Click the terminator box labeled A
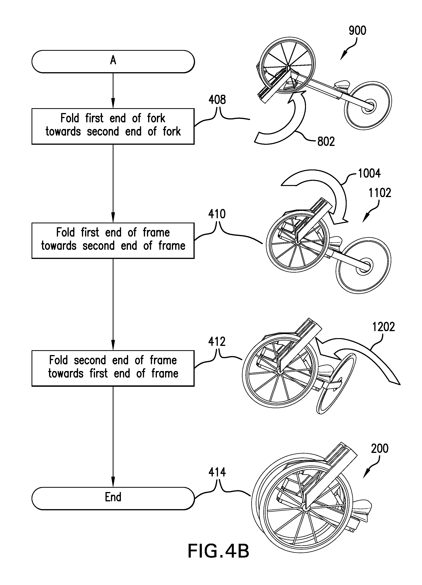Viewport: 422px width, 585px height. [113, 61]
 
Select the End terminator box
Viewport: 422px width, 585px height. [113, 497]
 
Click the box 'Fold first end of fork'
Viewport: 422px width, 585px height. [113, 126]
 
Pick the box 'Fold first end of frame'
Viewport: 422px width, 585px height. [113, 240]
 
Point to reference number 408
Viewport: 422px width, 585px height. [217, 100]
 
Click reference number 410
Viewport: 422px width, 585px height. [217, 214]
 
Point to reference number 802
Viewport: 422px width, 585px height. [326, 142]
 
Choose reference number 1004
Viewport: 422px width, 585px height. [369, 173]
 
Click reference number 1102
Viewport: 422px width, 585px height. [380, 193]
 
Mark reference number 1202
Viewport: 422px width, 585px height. [383, 327]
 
